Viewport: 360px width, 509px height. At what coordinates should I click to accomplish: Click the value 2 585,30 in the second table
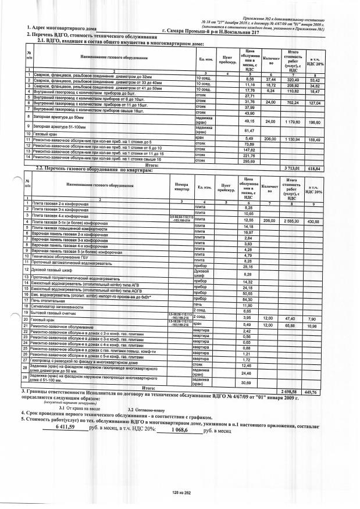[290, 221]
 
